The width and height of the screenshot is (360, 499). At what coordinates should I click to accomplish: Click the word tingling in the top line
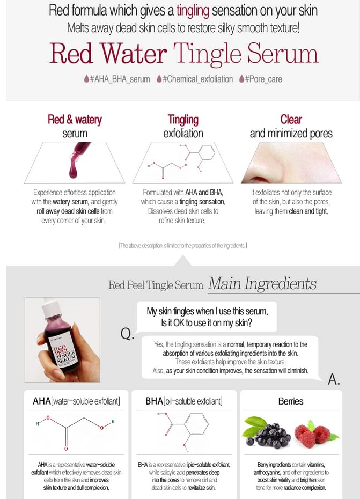click(x=193, y=11)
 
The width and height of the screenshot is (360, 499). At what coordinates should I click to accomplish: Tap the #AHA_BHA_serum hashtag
click(x=120, y=79)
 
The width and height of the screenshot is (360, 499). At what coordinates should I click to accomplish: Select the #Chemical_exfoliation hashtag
click(x=197, y=79)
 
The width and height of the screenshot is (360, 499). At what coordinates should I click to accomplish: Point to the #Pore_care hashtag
click(x=263, y=79)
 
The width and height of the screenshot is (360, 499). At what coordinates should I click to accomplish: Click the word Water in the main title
click(x=133, y=54)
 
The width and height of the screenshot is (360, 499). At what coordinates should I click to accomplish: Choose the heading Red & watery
click(x=75, y=119)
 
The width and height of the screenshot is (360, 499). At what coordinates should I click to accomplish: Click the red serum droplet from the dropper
click(x=74, y=170)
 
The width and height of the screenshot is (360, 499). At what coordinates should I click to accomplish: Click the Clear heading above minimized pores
click(x=291, y=119)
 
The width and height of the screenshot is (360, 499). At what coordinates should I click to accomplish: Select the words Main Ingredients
click(x=262, y=283)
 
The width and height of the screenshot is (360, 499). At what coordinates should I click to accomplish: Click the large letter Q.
click(x=127, y=334)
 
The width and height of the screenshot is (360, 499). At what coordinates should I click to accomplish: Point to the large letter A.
click(x=334, y=379)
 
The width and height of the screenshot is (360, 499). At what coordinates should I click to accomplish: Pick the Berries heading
click(x=291, y=401)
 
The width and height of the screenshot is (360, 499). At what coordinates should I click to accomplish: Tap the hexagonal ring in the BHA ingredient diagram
click(x=196, y=424)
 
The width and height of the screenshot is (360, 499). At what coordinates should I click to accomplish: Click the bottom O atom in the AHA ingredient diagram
click(x=66, y=449)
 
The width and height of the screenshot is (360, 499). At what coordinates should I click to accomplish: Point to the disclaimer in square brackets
click(x=183, y=245)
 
